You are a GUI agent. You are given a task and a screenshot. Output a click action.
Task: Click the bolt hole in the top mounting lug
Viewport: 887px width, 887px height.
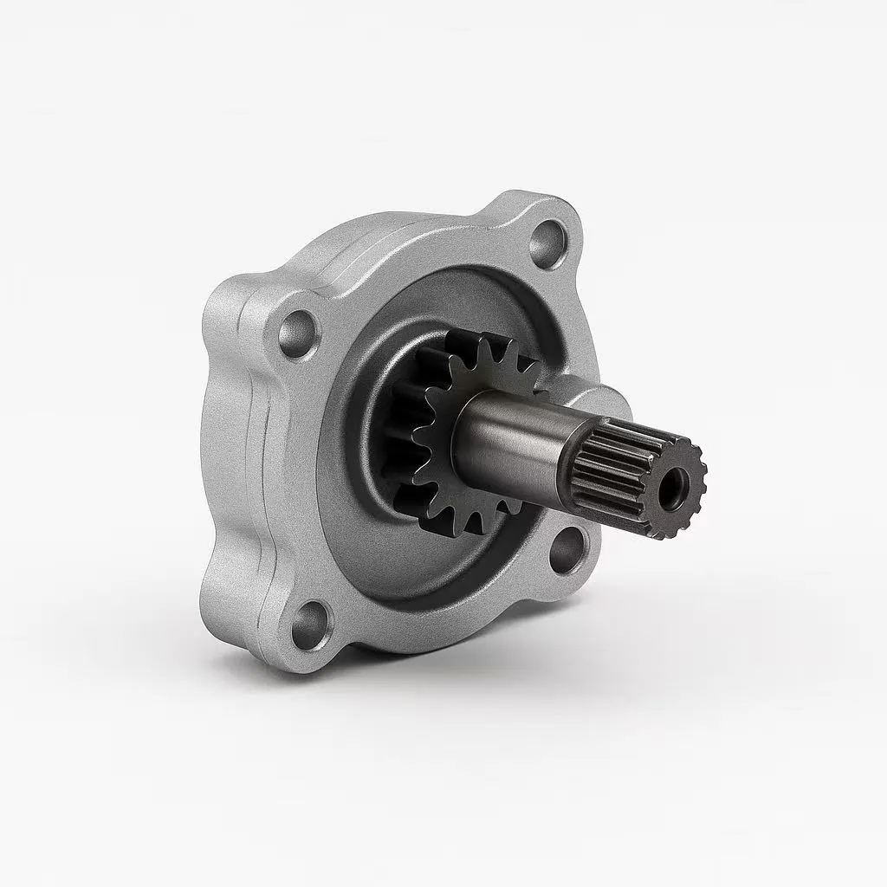[548, 236]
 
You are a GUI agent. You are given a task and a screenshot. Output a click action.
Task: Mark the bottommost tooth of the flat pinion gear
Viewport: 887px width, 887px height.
[475, 524]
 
